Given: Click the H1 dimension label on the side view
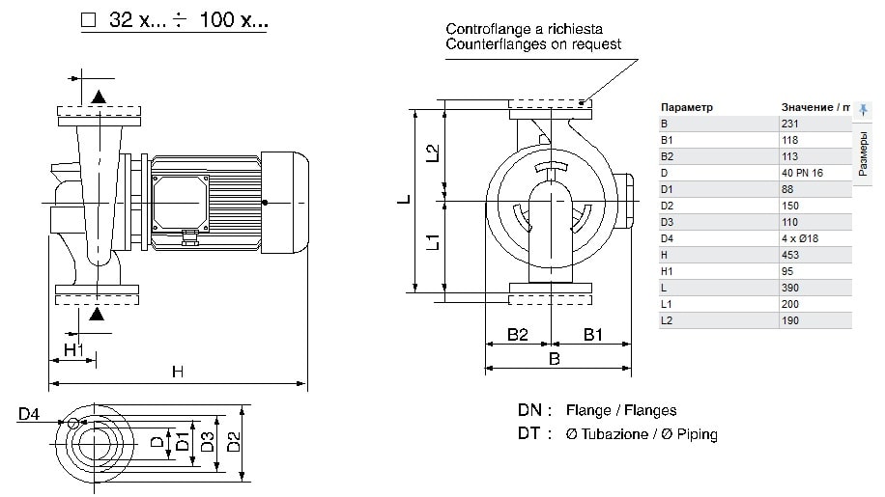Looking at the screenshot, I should [x=74, y=348].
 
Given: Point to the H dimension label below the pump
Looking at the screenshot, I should [x=177, y=372].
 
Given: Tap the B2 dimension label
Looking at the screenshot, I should [x=518, y=336].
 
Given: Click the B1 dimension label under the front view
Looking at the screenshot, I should [x=593, y=336].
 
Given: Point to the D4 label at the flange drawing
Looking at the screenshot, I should [x=28, y=415].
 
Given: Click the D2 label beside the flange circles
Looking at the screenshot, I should [x=233, y=442].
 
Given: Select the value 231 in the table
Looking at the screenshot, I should [x=790, y=124].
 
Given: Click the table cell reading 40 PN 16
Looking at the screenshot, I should [x=802, y=173].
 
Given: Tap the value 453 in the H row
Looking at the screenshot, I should [x=790, y=255].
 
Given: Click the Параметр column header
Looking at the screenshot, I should [x=687, y=107].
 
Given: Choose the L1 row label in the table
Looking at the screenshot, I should [x=667, y=304].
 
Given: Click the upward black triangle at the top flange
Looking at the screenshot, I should [x=99, y=96].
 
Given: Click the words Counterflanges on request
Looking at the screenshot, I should [x=533, y=44].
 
